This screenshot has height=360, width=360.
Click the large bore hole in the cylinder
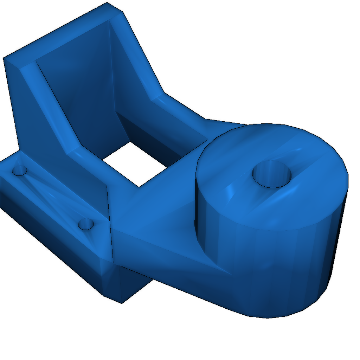tap(272, 174)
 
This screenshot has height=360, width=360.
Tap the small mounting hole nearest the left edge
tap(20, 171)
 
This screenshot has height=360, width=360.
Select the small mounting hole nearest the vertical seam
tap(86, 224)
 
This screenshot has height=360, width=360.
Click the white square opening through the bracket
tap(135, 162)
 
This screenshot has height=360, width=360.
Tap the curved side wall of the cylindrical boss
tap(267, 267)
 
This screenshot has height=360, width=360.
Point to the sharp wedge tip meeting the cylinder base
tap(230, 274)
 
